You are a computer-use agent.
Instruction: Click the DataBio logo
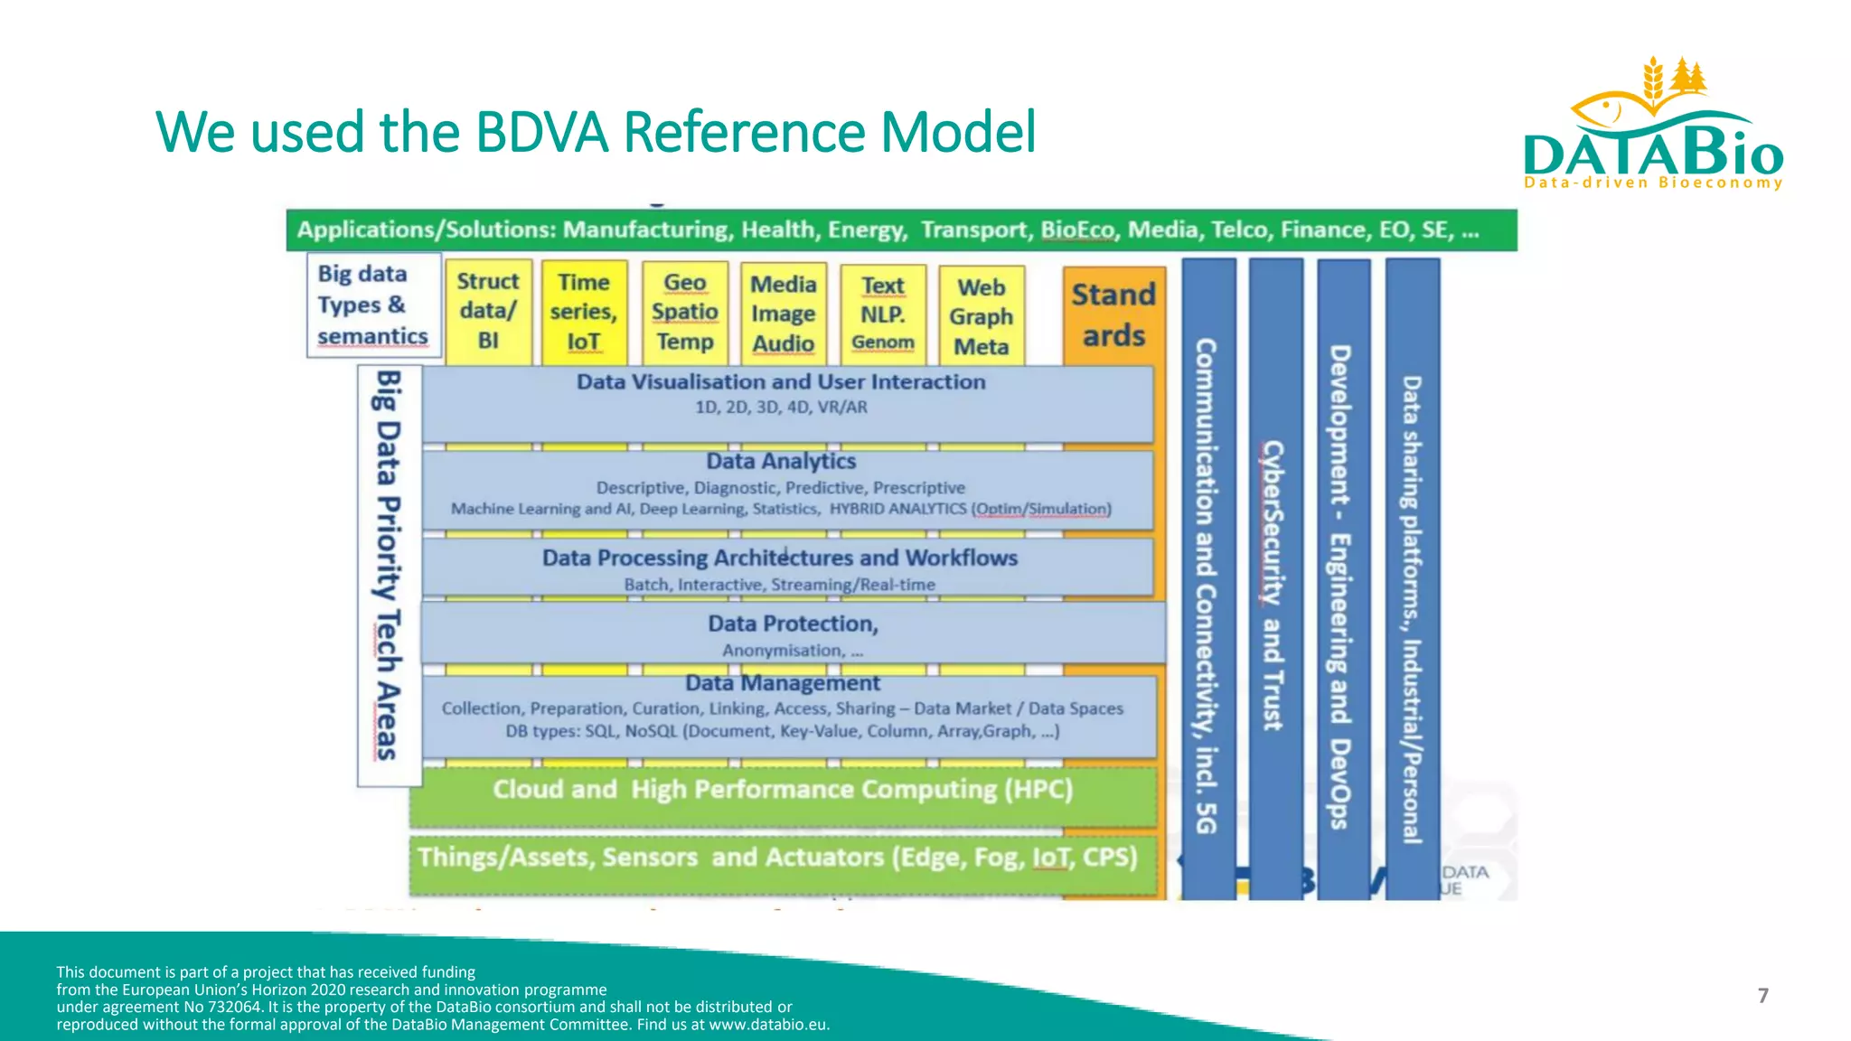coord(1652,127)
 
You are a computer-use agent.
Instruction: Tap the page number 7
coord(1762,996)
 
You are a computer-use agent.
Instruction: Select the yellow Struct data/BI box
coord(488,312)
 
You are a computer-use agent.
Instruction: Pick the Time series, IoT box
coord(584,312)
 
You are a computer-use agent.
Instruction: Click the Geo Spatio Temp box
coord(685,313)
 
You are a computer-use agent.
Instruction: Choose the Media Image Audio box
coord(784,314)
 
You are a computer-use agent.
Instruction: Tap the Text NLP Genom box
coord(883,314)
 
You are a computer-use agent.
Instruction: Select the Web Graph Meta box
coord(982,316)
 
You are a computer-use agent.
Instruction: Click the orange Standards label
coord(1113,314)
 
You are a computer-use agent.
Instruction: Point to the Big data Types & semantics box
coord(372,305)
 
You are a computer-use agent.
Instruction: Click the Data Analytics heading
coord(781,462)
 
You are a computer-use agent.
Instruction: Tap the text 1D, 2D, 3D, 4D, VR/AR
coord(781,408)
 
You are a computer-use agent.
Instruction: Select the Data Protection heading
coord(793,624)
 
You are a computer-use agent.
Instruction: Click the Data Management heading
coord(782,684)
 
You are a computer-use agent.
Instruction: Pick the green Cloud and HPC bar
coord(783,791)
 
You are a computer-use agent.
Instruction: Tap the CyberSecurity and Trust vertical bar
coord(1274,578)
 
